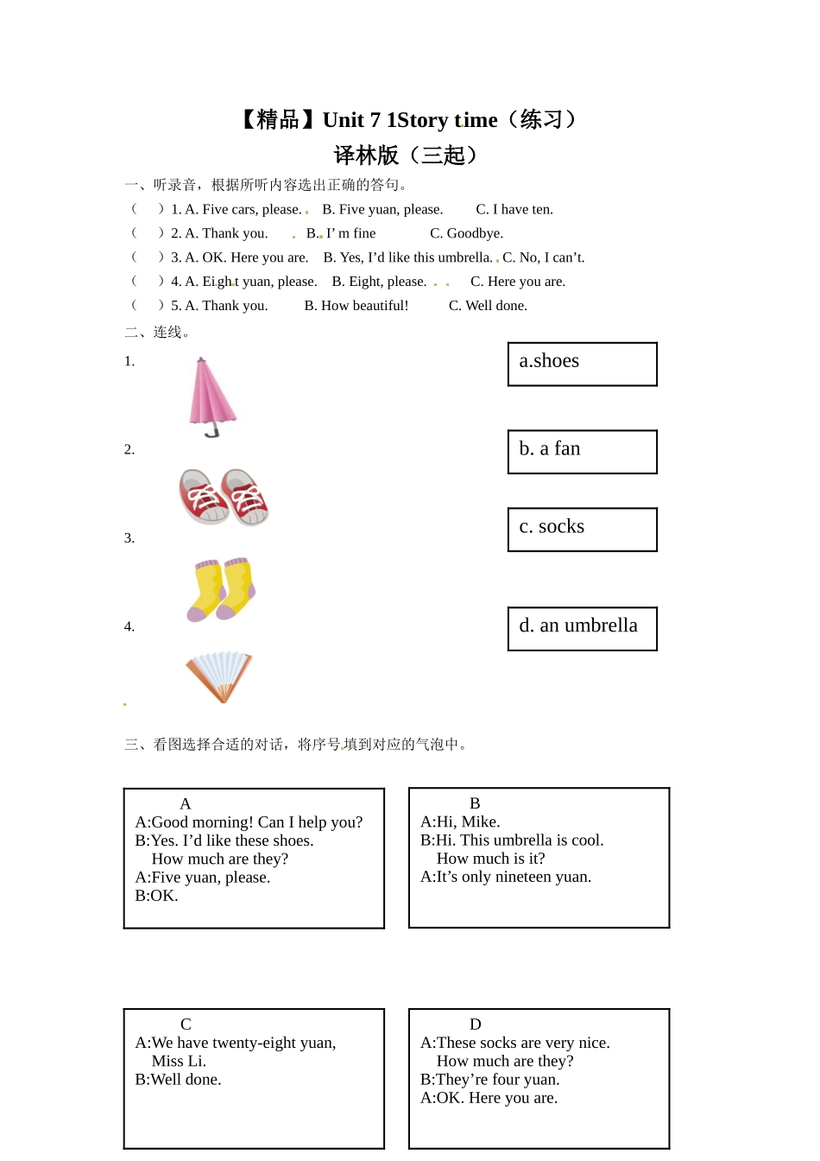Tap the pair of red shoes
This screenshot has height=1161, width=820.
tap(224, 497)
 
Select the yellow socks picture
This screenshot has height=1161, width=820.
tap(222, 589)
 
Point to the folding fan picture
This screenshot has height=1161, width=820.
tap(219, 676)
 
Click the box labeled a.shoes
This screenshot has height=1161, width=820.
tap(582, 364)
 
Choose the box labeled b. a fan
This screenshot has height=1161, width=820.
tap(582, 452)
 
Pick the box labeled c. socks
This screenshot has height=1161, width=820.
tap(582, 530)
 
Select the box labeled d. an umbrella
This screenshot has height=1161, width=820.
tap(582, 628)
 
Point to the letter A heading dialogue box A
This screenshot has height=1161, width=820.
tap(185, 804)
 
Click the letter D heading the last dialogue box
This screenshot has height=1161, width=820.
tap(475, 1025)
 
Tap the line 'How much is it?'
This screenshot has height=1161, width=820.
tap(490, 859)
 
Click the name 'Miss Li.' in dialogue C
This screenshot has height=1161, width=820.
tap(179, 1062)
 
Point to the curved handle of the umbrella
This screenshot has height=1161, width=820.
tap(211, 431)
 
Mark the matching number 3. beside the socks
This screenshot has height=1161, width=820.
tap(129, 538)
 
